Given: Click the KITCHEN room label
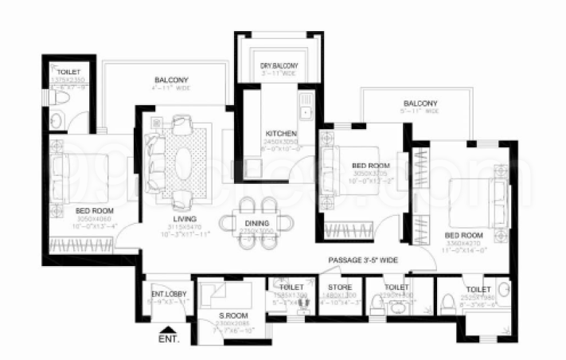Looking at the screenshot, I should pos(281,134).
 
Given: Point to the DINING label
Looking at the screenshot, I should pos(257,223).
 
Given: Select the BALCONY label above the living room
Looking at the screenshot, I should pos(171,80).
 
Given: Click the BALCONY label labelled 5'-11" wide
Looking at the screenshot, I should pos(420,104).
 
